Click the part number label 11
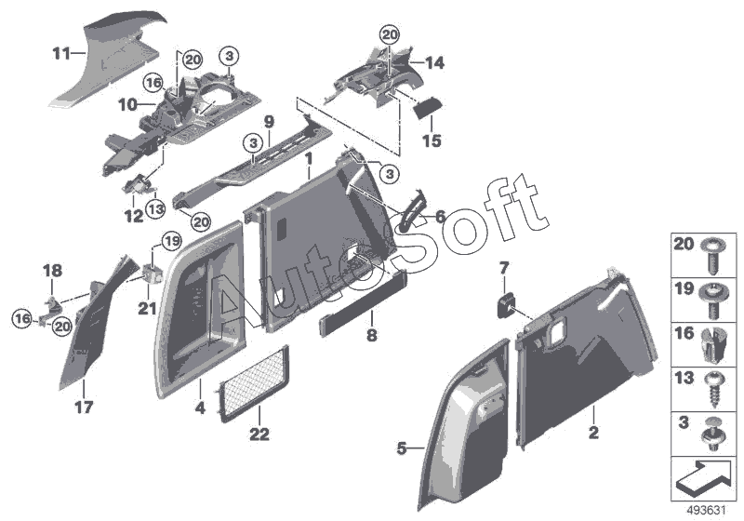click(x=60, y=54)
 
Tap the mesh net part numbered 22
click(x=253, y=381)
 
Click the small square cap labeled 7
click(x=507, y=304)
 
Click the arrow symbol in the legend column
click(x=705, y=476)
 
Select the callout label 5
click(x=403, y=448)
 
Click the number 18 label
click(x=52, y=271)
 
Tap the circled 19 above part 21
click(x=169, y=242)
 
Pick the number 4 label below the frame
click(x=199, y=407)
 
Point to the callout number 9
click(x=268, y=121)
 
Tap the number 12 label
click(x=135, y=217)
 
